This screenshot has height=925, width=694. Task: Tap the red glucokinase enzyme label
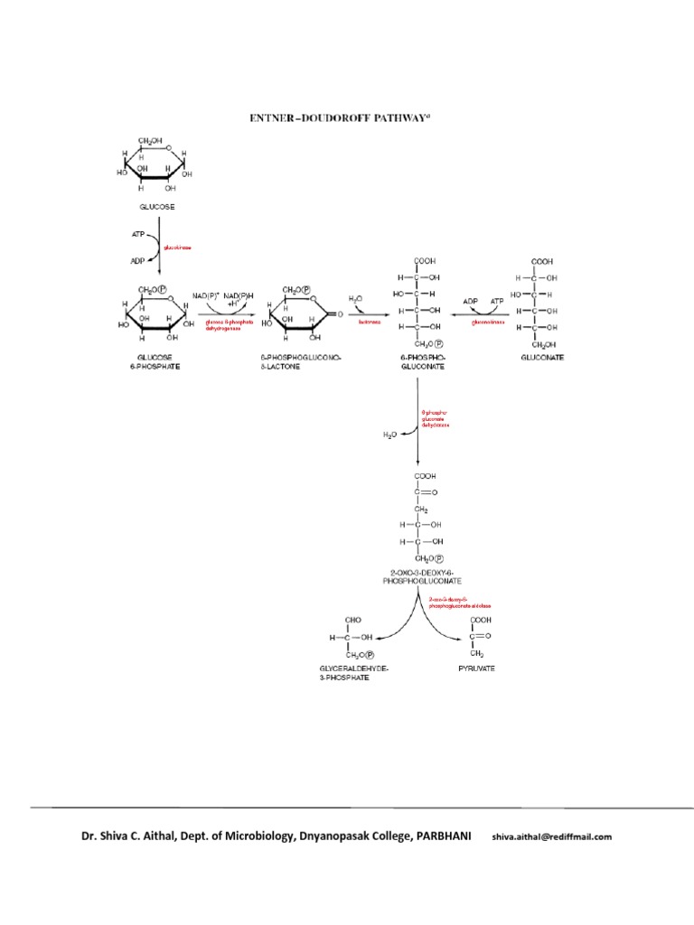click(177, 246)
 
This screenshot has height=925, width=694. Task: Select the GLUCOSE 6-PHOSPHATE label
click(155, 362)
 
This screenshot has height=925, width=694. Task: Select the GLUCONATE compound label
click(542, 358)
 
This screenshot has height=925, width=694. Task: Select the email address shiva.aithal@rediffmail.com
click(552, 836)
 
